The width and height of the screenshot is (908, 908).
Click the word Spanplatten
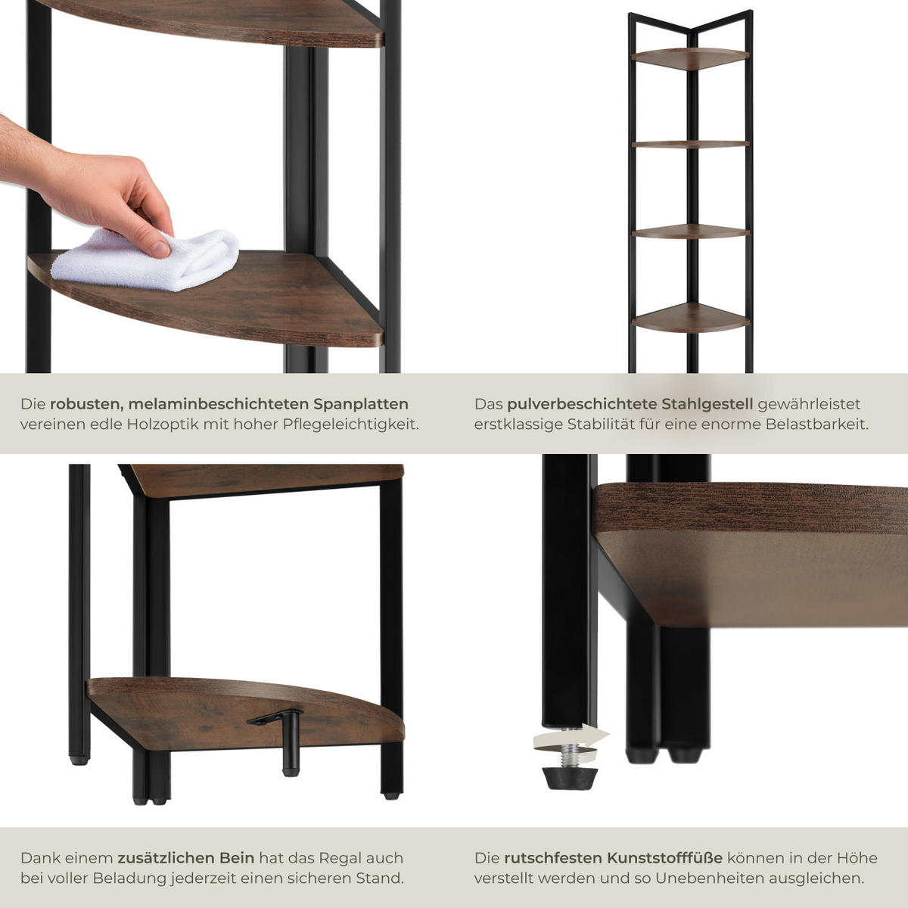click(x=361, y=404)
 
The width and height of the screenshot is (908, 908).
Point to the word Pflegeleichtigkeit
click(x=350, y=424)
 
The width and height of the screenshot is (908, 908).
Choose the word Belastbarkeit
click(x=816, y=424)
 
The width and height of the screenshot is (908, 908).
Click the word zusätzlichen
click(x=185, y=858)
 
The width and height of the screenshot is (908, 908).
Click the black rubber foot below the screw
click(x=571, y=778)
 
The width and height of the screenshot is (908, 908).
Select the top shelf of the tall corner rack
click(x=690, y=58)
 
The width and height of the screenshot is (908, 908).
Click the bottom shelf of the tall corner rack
click(x=690, y=318)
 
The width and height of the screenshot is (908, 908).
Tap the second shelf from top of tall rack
click(x=690, y=145)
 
